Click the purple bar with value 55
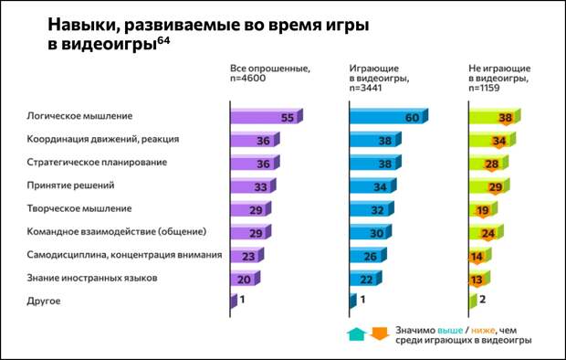pos(265,117)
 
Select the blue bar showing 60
pos(387,117)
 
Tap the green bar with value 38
pos(494,117)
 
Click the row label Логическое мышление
pos(81,116)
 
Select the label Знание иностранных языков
pos(94,277)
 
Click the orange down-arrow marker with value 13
pos(477,279)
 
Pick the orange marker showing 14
pos(477,256)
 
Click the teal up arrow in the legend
pos(355,333)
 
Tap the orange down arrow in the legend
pos(379,333)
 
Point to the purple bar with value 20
pos(243,278)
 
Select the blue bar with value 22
pos(366,278)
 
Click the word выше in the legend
pos(450,326)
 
